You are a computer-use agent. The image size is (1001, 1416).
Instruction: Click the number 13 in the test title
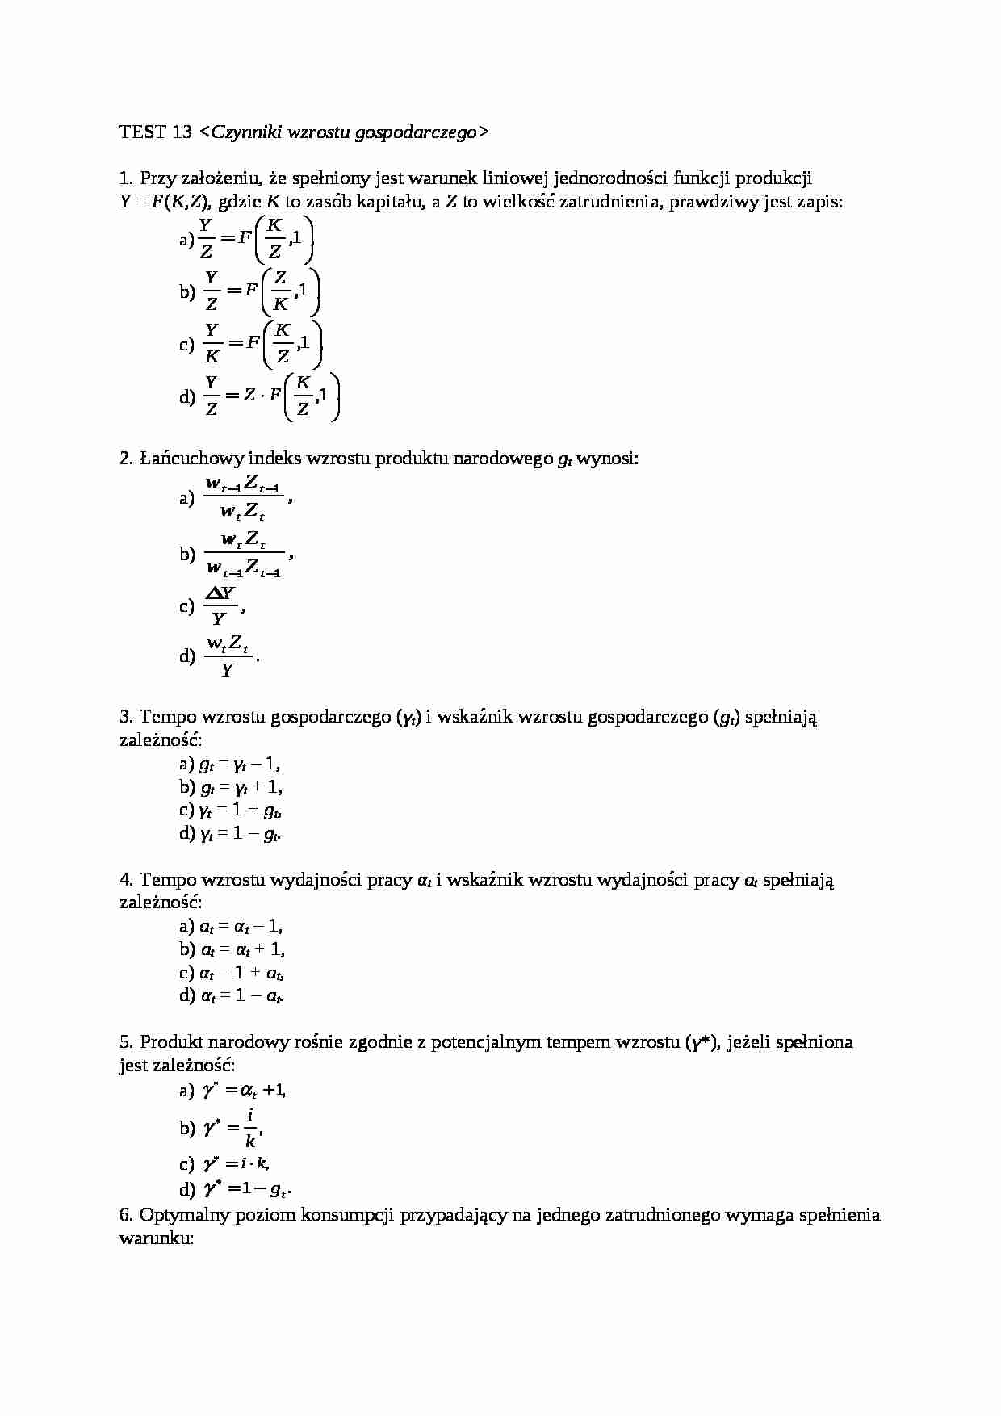pos(182,132)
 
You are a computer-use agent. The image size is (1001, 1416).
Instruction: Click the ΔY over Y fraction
pos(220,606)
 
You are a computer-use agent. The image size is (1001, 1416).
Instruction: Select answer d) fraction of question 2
pos(228,656)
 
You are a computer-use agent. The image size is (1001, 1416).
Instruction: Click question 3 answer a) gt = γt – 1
pos(240,764)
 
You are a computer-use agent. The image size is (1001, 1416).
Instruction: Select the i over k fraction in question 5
pos(250,1128)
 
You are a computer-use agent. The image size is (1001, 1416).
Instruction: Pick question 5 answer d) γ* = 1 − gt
pos(246,1188)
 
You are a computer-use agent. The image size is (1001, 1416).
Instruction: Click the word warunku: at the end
pos(157,1238)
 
